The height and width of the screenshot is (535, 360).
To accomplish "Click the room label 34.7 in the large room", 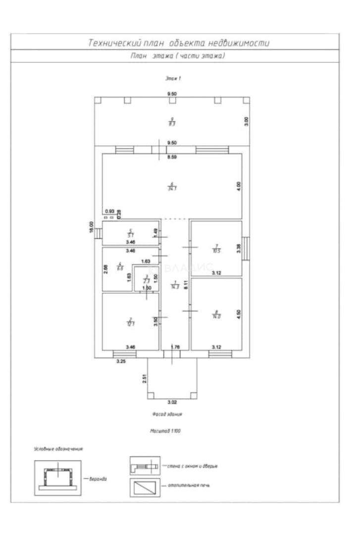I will tap(172, 187).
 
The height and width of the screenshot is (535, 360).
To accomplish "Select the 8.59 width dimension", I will tap(172, 158).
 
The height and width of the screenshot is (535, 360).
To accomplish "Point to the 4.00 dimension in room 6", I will tap(238, 186).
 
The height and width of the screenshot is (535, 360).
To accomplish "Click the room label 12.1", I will tap(130, 321).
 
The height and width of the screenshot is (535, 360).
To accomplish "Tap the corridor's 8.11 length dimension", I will tap(185, 285).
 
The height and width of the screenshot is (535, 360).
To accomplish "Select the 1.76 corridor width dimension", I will tap(174, 347).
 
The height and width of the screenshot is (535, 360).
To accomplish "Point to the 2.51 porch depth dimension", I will tap(144, 379).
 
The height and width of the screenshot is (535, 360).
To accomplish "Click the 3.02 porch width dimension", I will tap(172, 402).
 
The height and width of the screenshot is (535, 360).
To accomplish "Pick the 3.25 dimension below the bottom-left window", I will tap(121, 362).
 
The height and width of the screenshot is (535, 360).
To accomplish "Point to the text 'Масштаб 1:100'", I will tap(166, 431).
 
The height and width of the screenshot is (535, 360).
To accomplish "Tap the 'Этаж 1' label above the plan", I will tap(172, 78).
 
